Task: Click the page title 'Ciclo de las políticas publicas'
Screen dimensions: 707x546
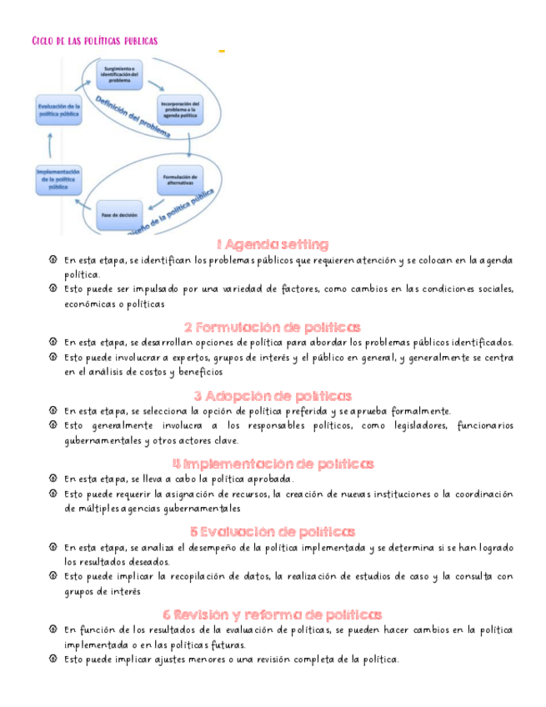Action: [x=94, y=41]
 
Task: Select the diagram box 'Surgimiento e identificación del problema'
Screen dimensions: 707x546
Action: [x=119, y=73]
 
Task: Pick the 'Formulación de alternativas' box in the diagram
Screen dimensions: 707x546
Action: [x=179, y=179]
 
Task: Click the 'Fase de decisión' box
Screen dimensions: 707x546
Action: [x=119, y=214]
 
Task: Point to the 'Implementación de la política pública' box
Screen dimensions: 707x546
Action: [x=58, y=179]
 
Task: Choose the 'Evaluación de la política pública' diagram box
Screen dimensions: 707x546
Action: [x=58, y=109]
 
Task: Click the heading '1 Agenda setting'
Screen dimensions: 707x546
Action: [x=273, y=244]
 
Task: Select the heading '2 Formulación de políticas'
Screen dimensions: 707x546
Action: [x=273, y=327]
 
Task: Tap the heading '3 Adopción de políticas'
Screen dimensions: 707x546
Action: [x=273, y=395]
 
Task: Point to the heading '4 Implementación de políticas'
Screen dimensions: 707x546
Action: [x=273, y=464]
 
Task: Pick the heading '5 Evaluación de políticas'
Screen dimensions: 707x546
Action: [x=273, y=531]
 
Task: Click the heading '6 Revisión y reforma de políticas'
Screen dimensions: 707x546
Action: [x=273, y=614]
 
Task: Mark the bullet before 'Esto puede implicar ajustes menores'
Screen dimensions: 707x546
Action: [x=53, y=659]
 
